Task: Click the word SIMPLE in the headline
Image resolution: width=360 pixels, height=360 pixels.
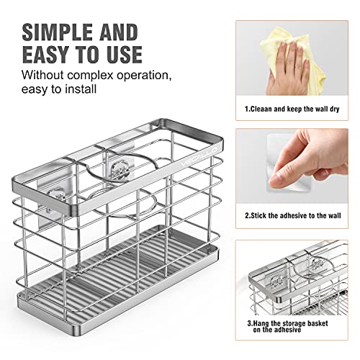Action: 55,32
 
